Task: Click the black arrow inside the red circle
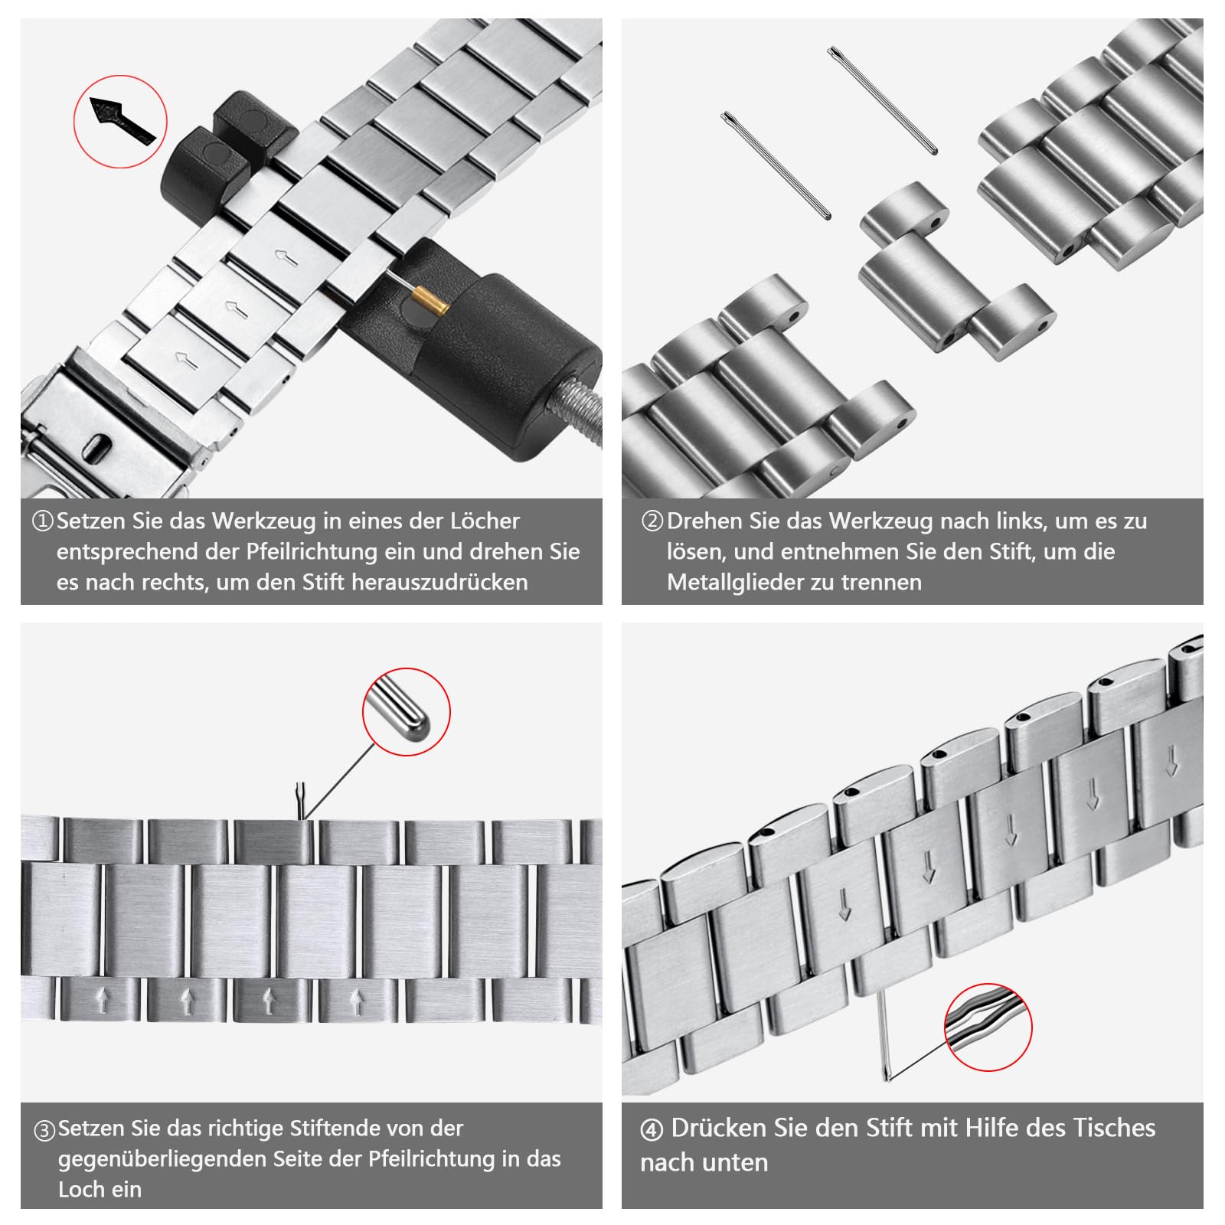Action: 122,119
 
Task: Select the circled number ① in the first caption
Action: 42,521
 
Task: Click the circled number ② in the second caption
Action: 652,521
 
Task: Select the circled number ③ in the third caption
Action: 44,1130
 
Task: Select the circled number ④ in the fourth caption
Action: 651,1130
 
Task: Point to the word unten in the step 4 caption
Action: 738,1164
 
